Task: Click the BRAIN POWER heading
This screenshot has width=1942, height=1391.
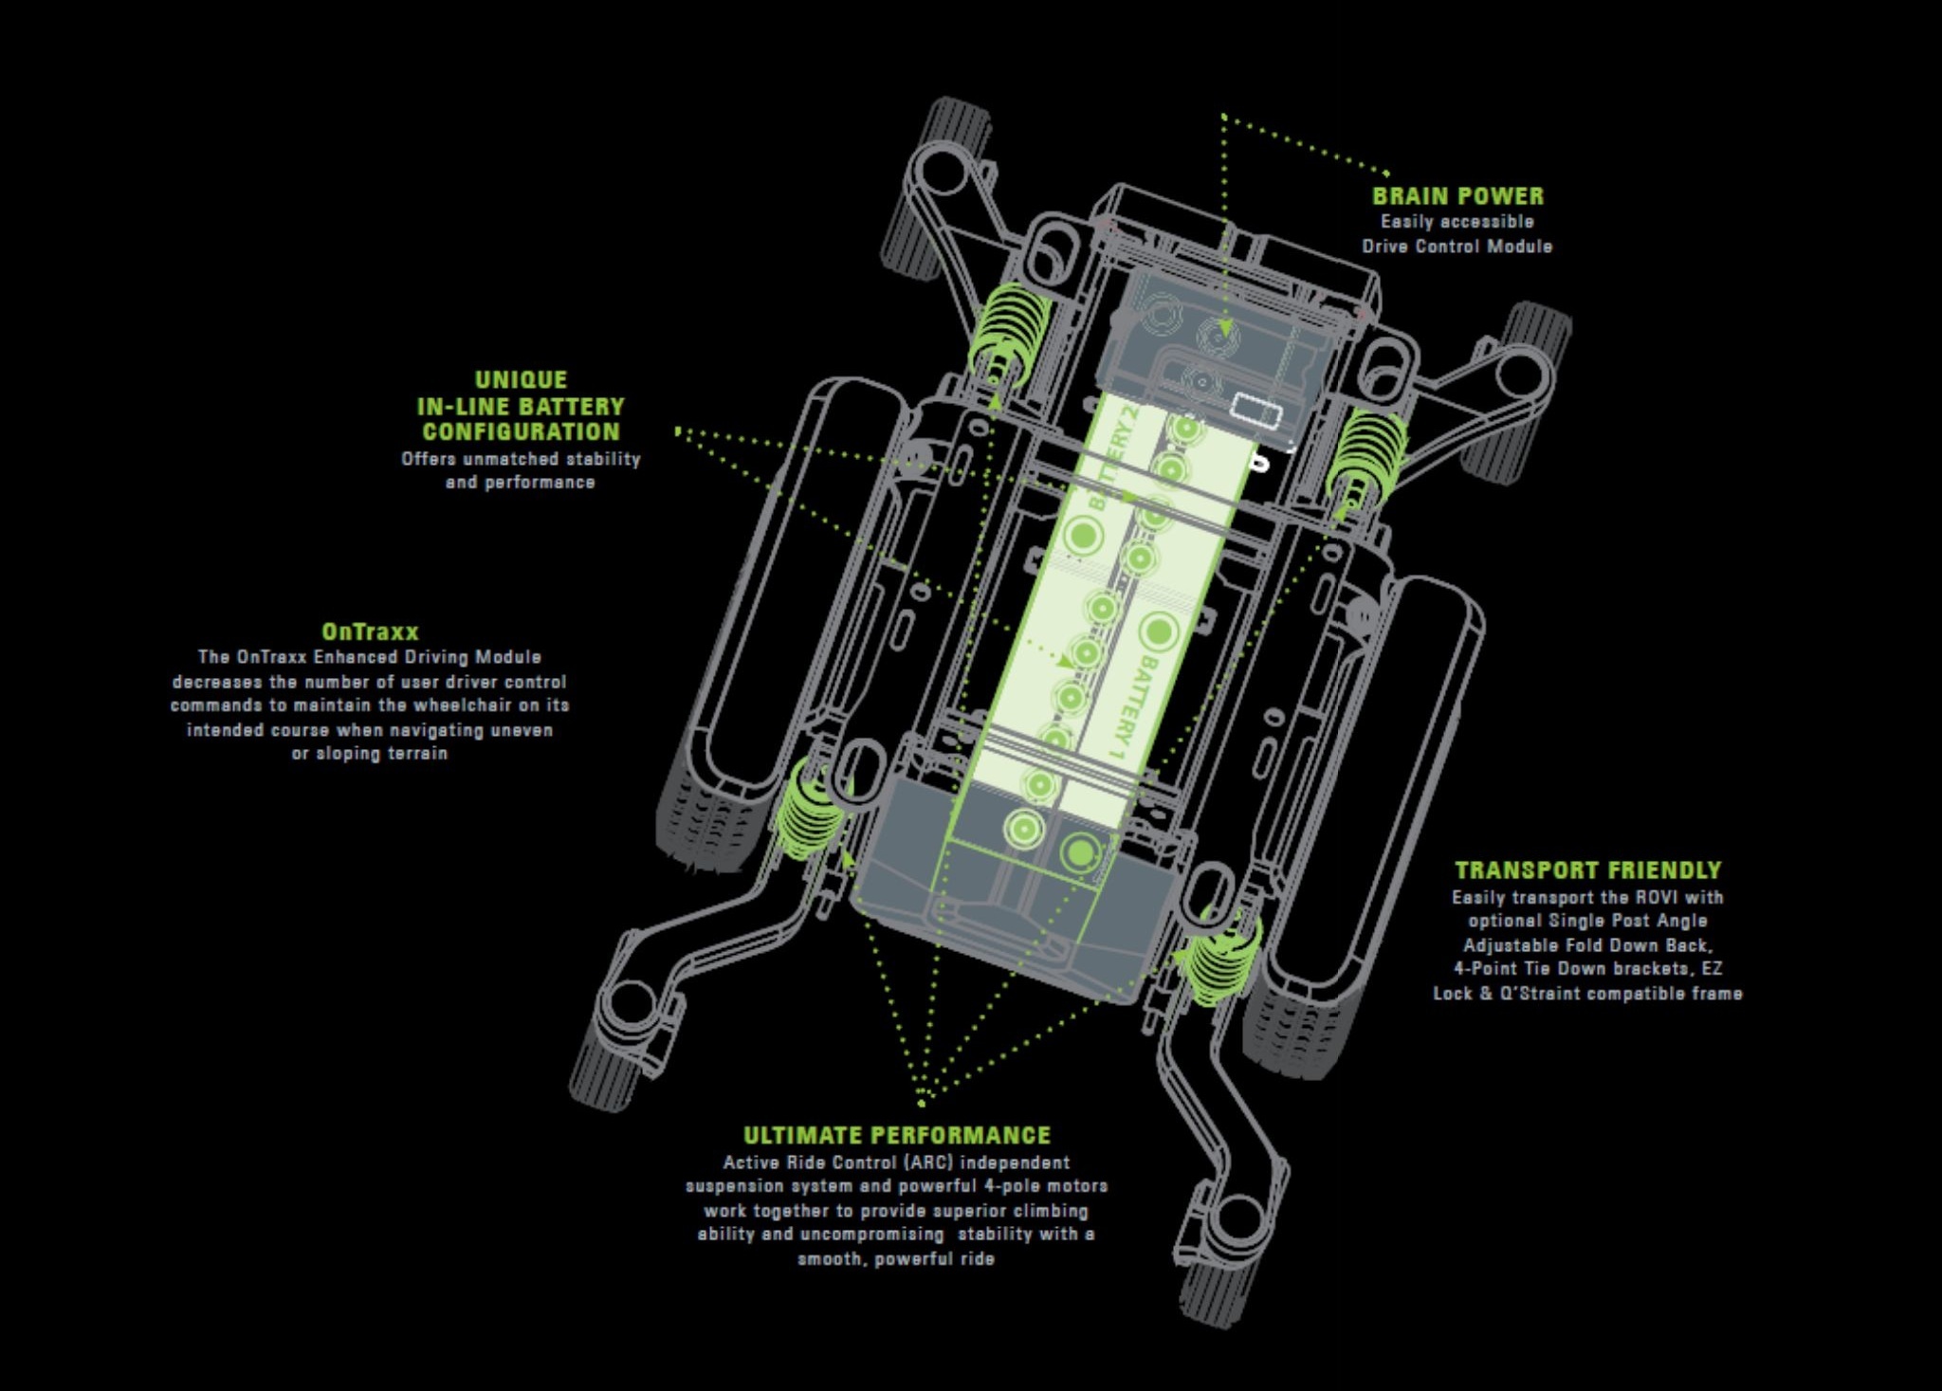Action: click(1457, 196)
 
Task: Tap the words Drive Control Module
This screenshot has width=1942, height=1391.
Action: click(1457, 247)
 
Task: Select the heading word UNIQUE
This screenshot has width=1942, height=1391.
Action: click(521, 380)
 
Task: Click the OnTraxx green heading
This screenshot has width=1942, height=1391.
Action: click(370, 631)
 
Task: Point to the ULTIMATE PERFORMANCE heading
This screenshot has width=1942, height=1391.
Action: click(897, 1136)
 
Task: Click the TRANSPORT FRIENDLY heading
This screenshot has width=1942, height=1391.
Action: click(1587, 870)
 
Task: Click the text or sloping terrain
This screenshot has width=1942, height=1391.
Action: click(369, 754)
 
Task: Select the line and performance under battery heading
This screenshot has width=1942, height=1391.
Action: click(520, 483)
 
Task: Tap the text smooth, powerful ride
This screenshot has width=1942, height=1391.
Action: click(896, 1259)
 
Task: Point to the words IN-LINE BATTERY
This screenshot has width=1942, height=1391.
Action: click(521, 407)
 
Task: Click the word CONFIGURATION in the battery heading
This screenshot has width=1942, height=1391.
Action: click(521, 432)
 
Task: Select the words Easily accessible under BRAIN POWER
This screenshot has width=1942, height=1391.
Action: click(1456, 222)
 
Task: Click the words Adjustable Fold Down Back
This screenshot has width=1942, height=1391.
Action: click(1587, 945)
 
